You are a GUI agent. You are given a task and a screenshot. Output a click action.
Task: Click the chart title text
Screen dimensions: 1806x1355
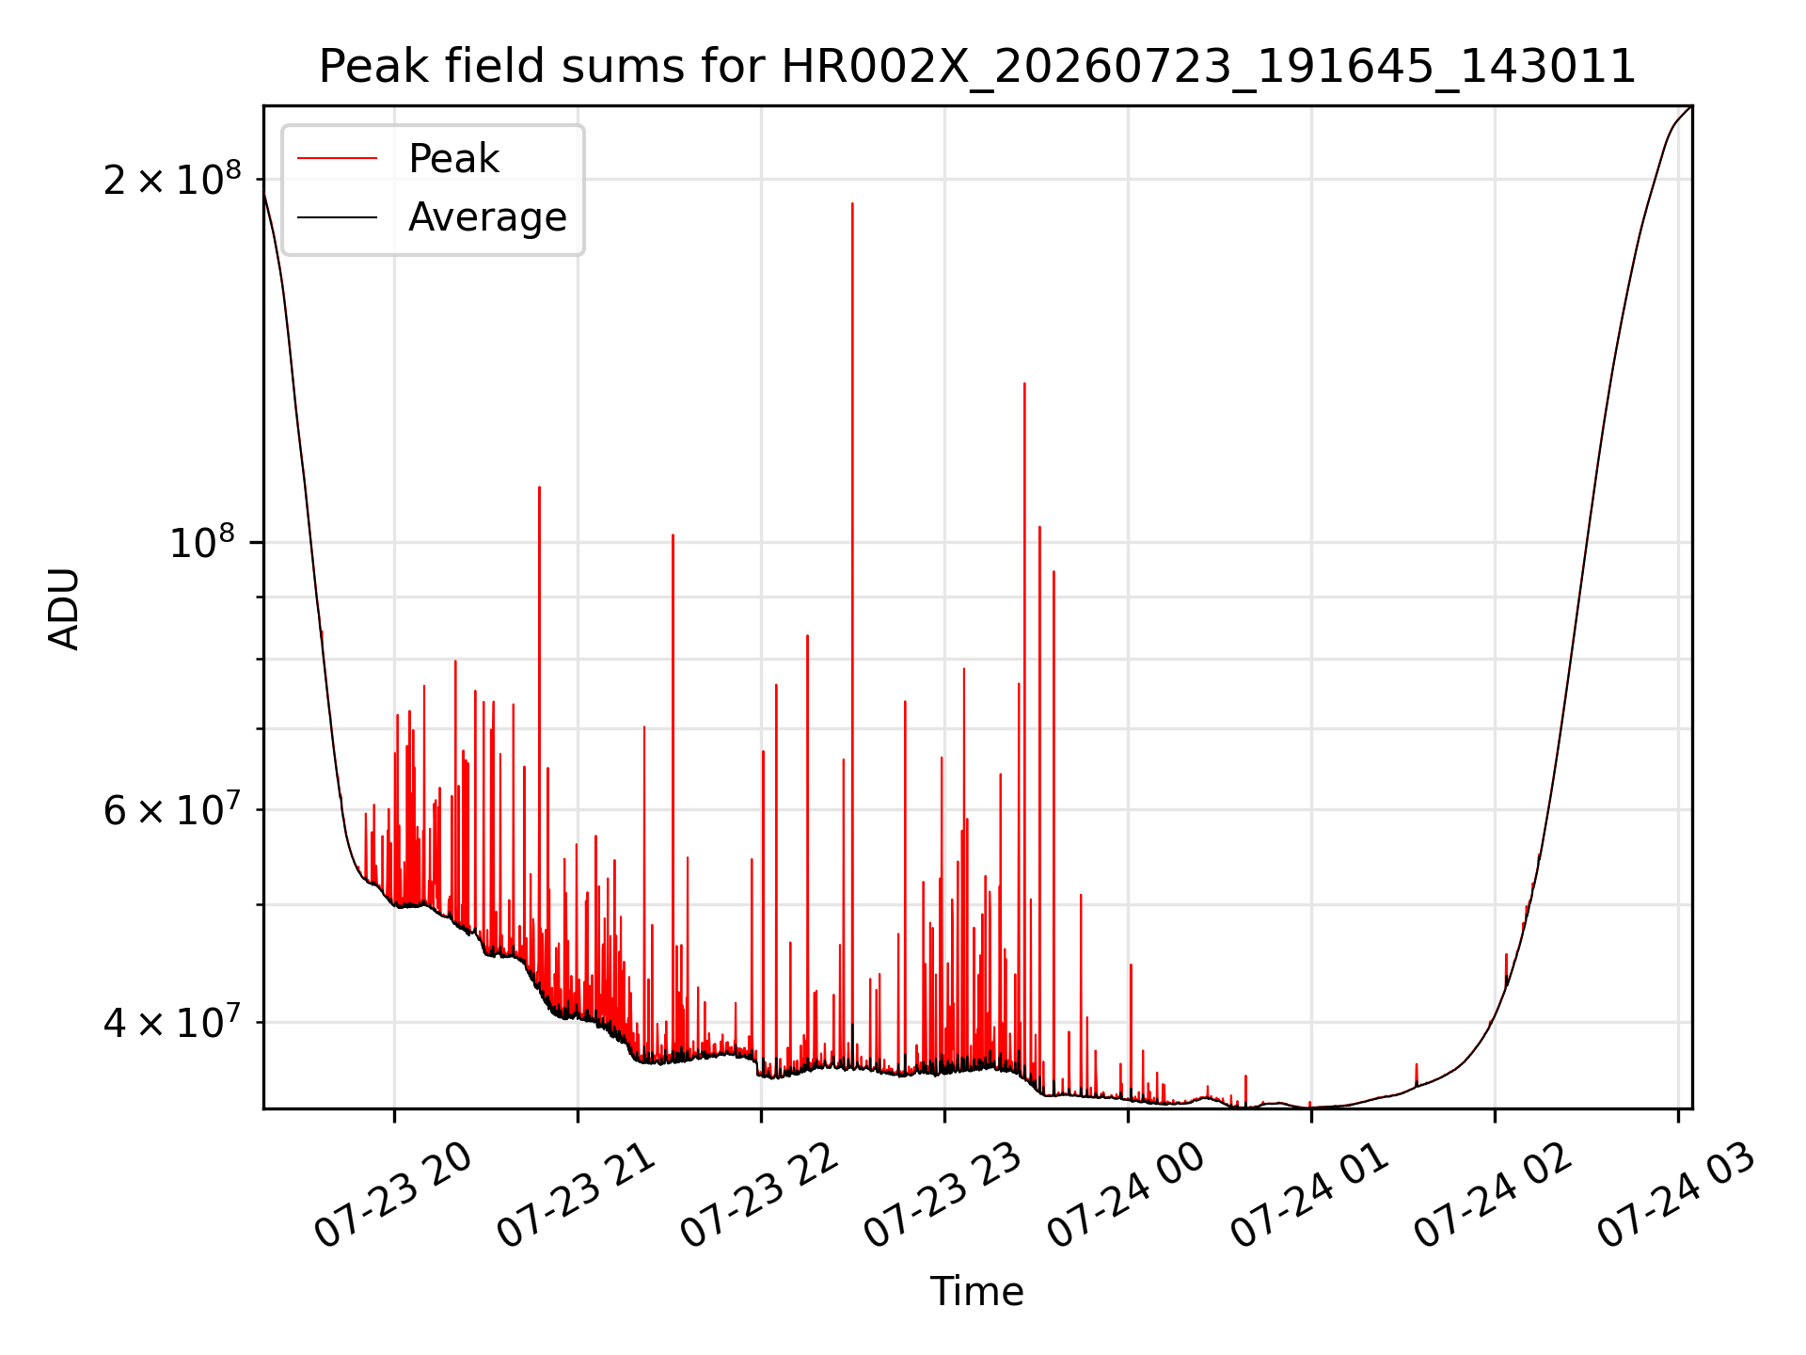[x=977, y=67]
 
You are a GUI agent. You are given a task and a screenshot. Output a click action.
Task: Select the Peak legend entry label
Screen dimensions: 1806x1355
[x=453, y=159]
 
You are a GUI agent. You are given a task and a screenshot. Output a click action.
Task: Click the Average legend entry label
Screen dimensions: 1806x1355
[x=487, y=217]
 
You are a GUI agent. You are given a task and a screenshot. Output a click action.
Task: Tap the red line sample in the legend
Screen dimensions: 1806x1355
[x=337, y=159]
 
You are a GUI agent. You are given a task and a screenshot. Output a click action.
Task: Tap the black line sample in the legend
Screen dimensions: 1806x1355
[x=337, y=217]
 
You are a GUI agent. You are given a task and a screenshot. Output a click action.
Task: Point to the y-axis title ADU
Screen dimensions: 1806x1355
[x=64, y=608]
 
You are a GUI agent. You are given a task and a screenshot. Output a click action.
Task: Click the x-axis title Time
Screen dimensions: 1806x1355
[x=976, y=1291]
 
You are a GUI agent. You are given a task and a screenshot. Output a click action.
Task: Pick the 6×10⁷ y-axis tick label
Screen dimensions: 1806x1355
[x=172, y=808]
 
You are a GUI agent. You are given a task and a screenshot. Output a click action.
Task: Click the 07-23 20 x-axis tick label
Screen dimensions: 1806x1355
[x=393, y=1196]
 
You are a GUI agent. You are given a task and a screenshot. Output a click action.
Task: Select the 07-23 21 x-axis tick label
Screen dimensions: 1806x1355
[x=577, y=1196]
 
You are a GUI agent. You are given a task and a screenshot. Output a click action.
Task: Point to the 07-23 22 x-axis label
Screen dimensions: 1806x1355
[x=760, y=1196]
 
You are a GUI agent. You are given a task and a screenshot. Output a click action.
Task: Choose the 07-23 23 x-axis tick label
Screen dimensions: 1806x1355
[x=943, y=1196]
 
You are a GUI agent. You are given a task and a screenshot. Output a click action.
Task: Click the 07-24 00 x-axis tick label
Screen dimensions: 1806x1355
[x=1127, y=1196]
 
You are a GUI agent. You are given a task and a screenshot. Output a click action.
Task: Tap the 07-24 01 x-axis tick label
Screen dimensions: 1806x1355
[x=1310, y=1196]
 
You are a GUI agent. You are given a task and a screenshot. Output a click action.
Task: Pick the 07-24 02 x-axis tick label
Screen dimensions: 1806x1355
[x=1494, y=1196]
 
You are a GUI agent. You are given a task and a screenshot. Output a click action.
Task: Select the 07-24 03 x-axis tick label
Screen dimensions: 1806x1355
[x=1677, y=1196]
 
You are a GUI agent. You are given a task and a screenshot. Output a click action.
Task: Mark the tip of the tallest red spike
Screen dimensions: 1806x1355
[x=852, y=203]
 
